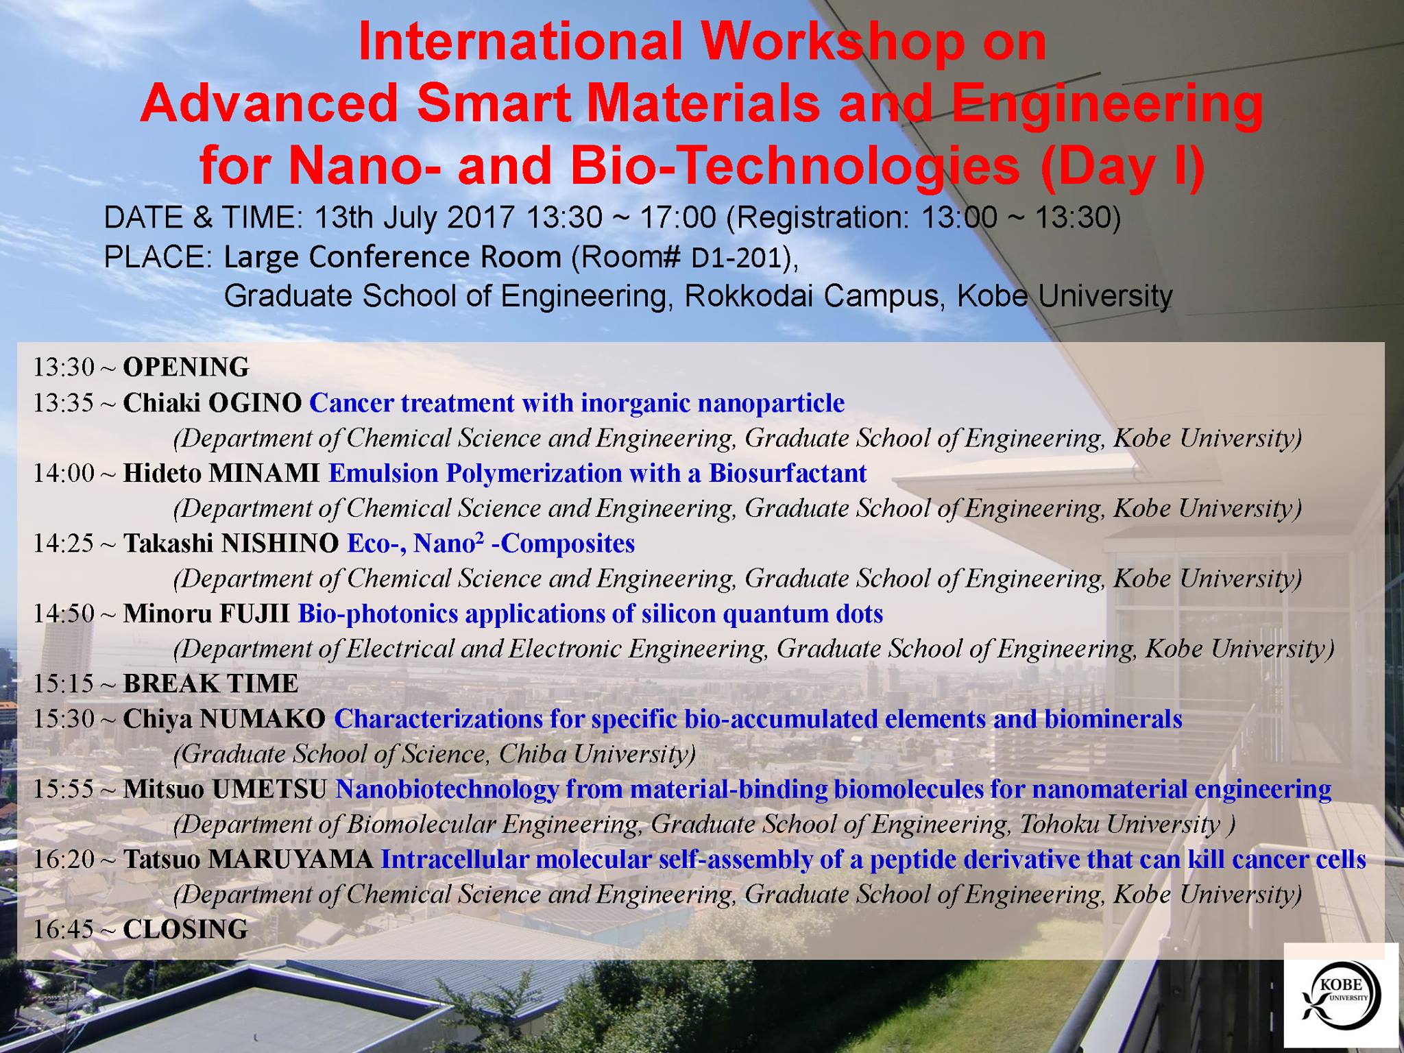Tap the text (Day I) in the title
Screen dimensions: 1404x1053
click(x=1122, y=167)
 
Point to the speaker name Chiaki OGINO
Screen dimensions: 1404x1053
click(x=212, y=402)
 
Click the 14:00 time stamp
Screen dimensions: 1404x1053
click(x=63, y=473)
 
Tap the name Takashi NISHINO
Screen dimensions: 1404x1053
click(x=230, y=543)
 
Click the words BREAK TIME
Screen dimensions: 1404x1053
click(x=210, y=683)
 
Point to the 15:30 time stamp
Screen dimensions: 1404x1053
click(x=63, y=718)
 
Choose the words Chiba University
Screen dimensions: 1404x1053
click(x=597, y=754)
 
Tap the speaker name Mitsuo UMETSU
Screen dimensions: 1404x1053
click(x=225, y=789)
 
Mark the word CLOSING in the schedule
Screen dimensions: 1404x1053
click(x=185, y=929)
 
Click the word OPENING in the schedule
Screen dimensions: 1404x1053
click(x=186, y=367)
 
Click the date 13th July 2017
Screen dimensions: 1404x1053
click(x=414, y=218)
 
